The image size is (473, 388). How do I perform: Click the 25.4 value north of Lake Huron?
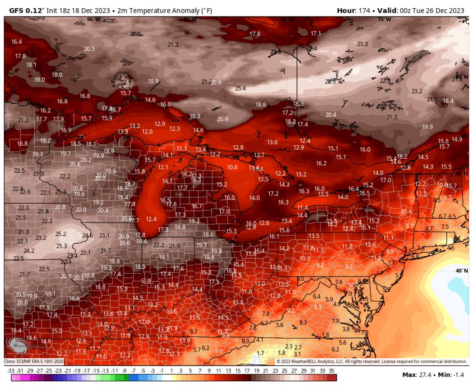(240, 88)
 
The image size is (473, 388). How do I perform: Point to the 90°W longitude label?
(94, 19)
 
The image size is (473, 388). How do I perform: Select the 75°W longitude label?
(384, 19)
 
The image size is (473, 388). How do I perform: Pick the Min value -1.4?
(460, 375)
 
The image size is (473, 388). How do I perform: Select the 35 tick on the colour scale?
(331, 371)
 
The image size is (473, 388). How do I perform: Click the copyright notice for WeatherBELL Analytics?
(372, 361)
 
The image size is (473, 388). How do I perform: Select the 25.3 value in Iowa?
(62, 246)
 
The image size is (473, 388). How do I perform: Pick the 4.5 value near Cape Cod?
(451, 248)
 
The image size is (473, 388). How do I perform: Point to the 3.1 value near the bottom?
(297, 354)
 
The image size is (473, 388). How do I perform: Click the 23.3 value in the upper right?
(362, 44)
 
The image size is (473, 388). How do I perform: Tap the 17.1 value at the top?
(316, 33)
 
